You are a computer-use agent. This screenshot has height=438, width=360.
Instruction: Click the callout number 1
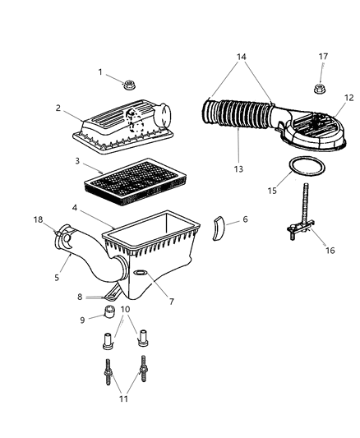[x=100, y=72]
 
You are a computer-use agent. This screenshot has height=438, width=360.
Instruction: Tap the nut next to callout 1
[x=129, y=84]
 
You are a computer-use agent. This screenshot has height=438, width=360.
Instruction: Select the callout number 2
[x=58, y=108]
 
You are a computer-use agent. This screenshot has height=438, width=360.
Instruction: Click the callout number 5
[x=58, y=278]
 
